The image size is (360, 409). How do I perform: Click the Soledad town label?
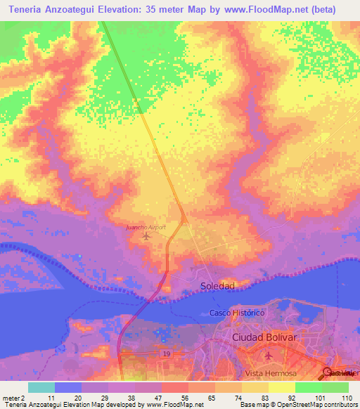[x=217, y=286]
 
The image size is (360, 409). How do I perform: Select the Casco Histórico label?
[x=236, y=312]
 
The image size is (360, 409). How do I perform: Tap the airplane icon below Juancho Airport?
[x=146, y=236]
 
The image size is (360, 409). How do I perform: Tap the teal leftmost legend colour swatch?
[x=41, y=387]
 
